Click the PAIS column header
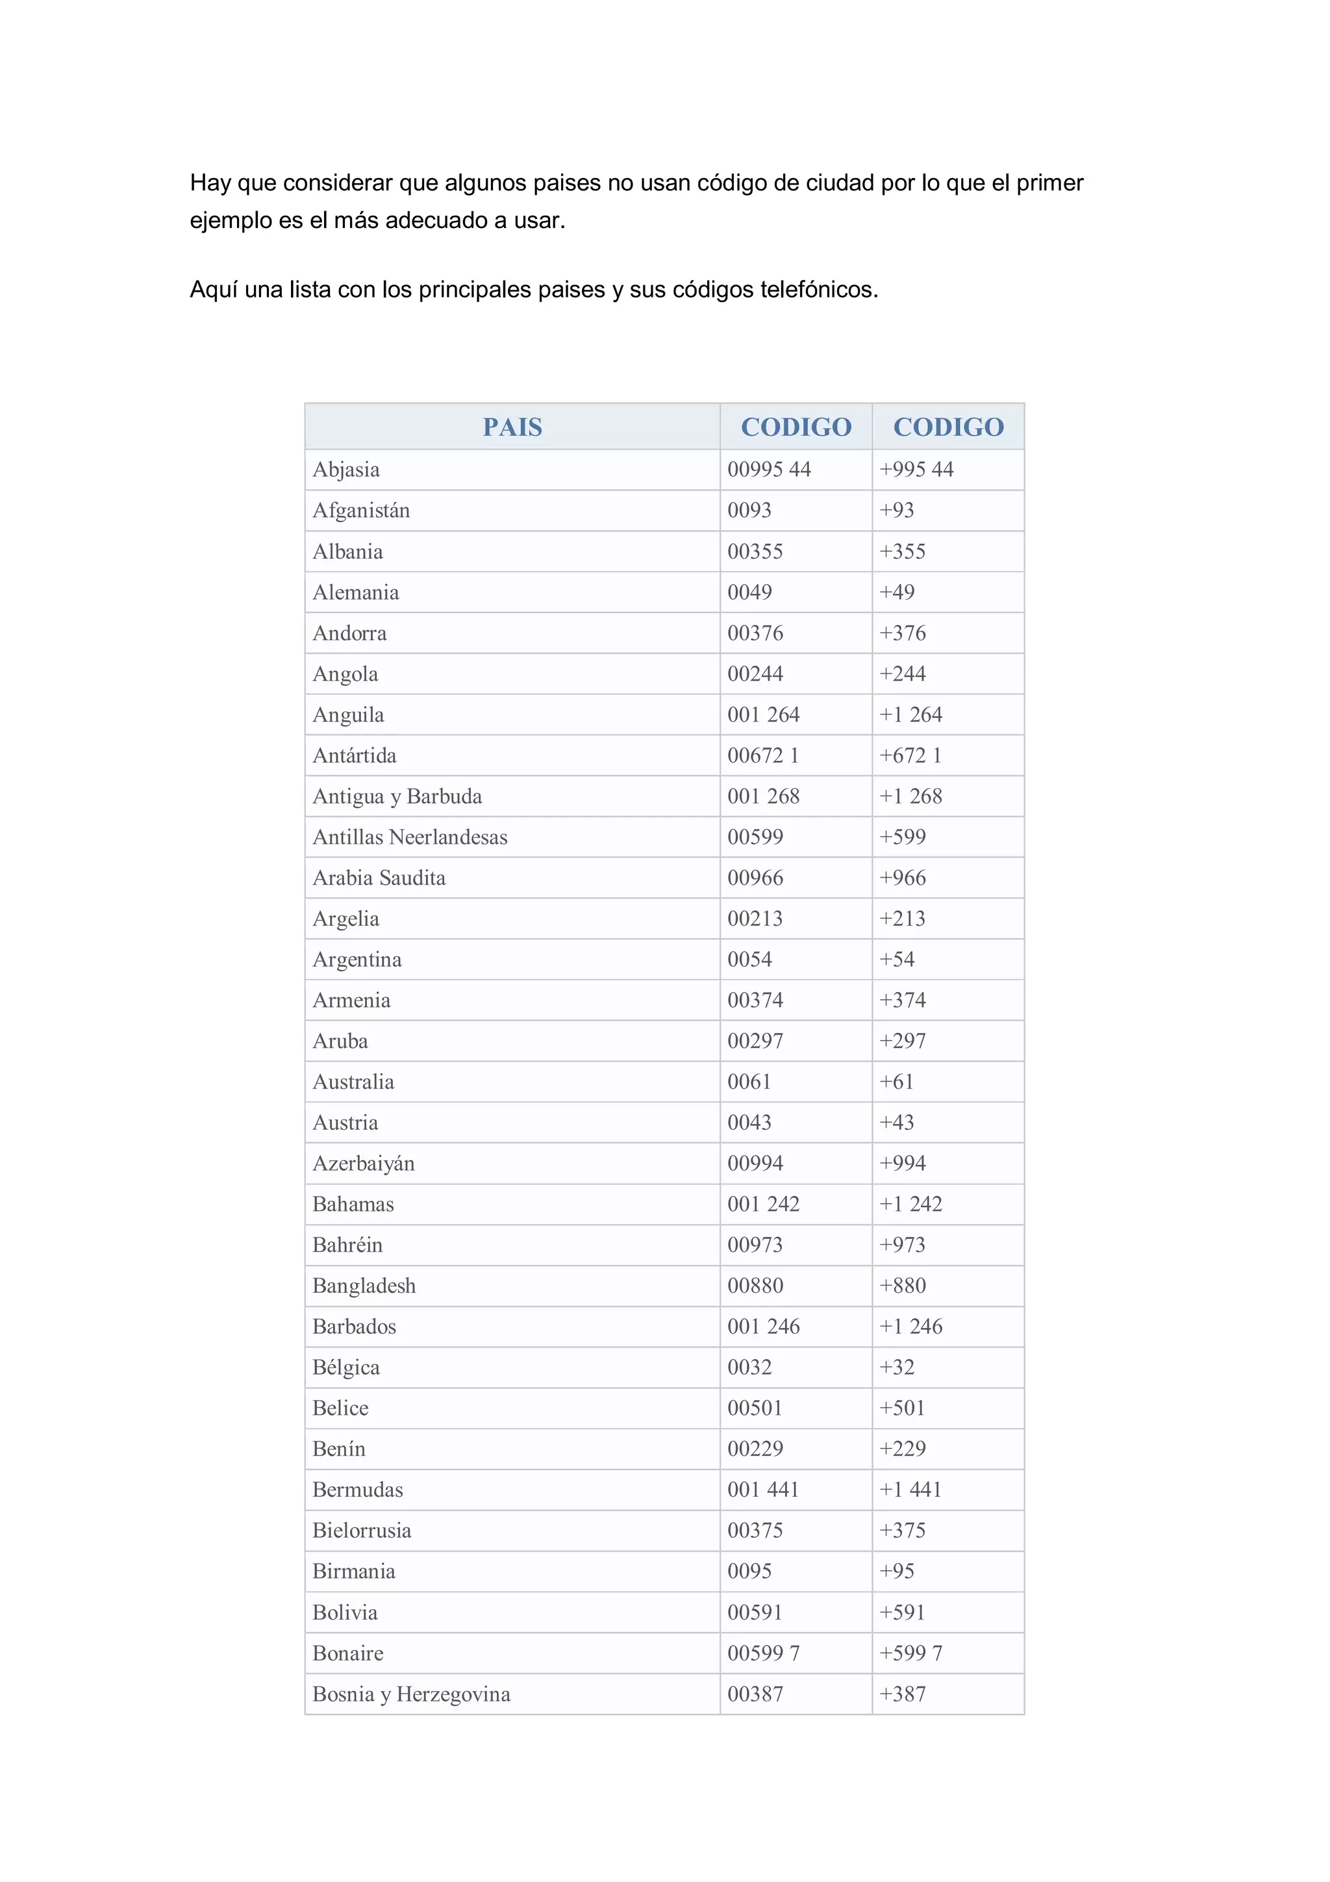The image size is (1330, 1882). coord(512,427)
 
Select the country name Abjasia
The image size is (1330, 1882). coord(346,470)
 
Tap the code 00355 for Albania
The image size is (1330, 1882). coord(755,552)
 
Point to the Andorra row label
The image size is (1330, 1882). coord(349,633)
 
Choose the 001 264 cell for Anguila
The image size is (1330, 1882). coord(763,715)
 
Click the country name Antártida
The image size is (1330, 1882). coord(354,756)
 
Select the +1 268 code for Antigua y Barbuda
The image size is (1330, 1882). coord(910,796)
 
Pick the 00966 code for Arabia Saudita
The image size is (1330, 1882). coord(755,878)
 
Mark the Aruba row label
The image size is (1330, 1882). coord(340,1041)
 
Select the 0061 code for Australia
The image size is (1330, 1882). coord(749,1082)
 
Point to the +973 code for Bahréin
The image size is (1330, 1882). coord(902,1245)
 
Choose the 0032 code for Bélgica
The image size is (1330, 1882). coord(749,1367)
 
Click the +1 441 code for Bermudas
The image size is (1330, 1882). coord(910,1490)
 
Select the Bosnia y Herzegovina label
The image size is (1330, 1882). coord(410,1694)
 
